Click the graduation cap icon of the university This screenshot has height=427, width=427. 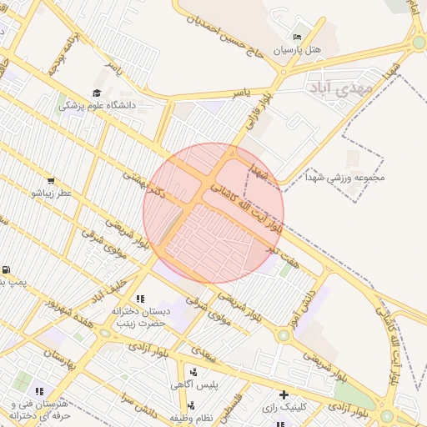(97, 93)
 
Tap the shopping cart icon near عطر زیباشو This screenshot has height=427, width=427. (51, 180)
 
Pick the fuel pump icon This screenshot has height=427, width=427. (7, 270)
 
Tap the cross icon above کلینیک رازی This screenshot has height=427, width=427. (284, 394)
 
